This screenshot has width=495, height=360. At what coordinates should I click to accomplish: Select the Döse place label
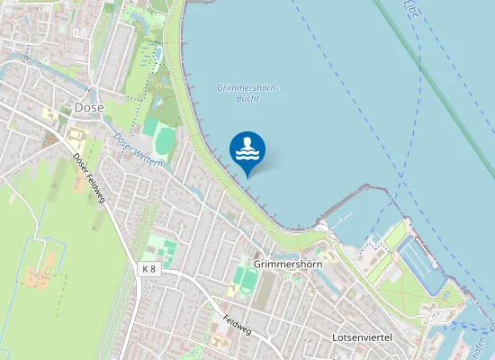(89, 107)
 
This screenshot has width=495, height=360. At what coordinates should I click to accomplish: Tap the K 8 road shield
(148, 269)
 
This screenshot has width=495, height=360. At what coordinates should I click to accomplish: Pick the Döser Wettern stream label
(137, 149)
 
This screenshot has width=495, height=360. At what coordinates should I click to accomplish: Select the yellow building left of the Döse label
(49, 114)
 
